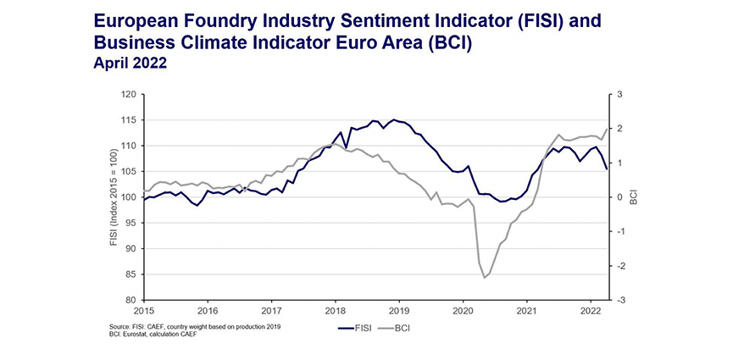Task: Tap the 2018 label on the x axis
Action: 335,311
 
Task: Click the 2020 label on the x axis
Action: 463,311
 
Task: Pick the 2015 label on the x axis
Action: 143,311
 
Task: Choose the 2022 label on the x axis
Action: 591,311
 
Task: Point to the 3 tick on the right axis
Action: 619,95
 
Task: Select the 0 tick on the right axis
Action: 619,197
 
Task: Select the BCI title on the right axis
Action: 633,197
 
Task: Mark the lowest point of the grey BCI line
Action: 484,278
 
